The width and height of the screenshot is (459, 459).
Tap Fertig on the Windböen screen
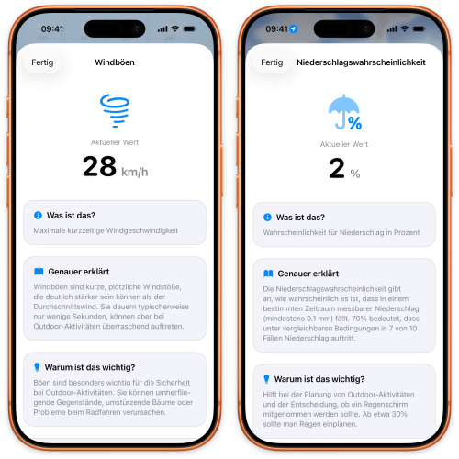pos(42,62)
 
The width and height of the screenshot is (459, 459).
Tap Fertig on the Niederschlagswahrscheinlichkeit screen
pos(272,62)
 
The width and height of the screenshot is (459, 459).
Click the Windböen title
pos(115,62)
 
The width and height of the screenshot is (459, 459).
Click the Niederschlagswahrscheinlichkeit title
pos(361,62)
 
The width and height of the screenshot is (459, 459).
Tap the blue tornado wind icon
pos(115,110)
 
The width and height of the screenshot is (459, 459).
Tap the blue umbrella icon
pos(344,112)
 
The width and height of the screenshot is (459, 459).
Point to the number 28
pos(99,166)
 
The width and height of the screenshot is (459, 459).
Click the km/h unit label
pos(135,172)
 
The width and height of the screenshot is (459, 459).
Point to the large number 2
pos(337,168)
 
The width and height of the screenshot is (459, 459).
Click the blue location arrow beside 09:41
pos(294,29)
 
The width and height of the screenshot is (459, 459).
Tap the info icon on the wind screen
pos(38,216)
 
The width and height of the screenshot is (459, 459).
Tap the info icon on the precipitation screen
pos(267,218)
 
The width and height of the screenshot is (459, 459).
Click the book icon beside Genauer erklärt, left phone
pos(39,272)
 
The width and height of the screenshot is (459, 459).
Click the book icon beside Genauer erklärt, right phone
pos(268,274)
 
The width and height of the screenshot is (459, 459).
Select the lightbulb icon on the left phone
pos(37,367)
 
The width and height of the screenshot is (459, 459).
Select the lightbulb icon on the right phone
pos(266,379)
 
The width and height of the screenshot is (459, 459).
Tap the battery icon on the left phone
pos(189,29)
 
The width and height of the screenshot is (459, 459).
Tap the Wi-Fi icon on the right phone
pos(405,28)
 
